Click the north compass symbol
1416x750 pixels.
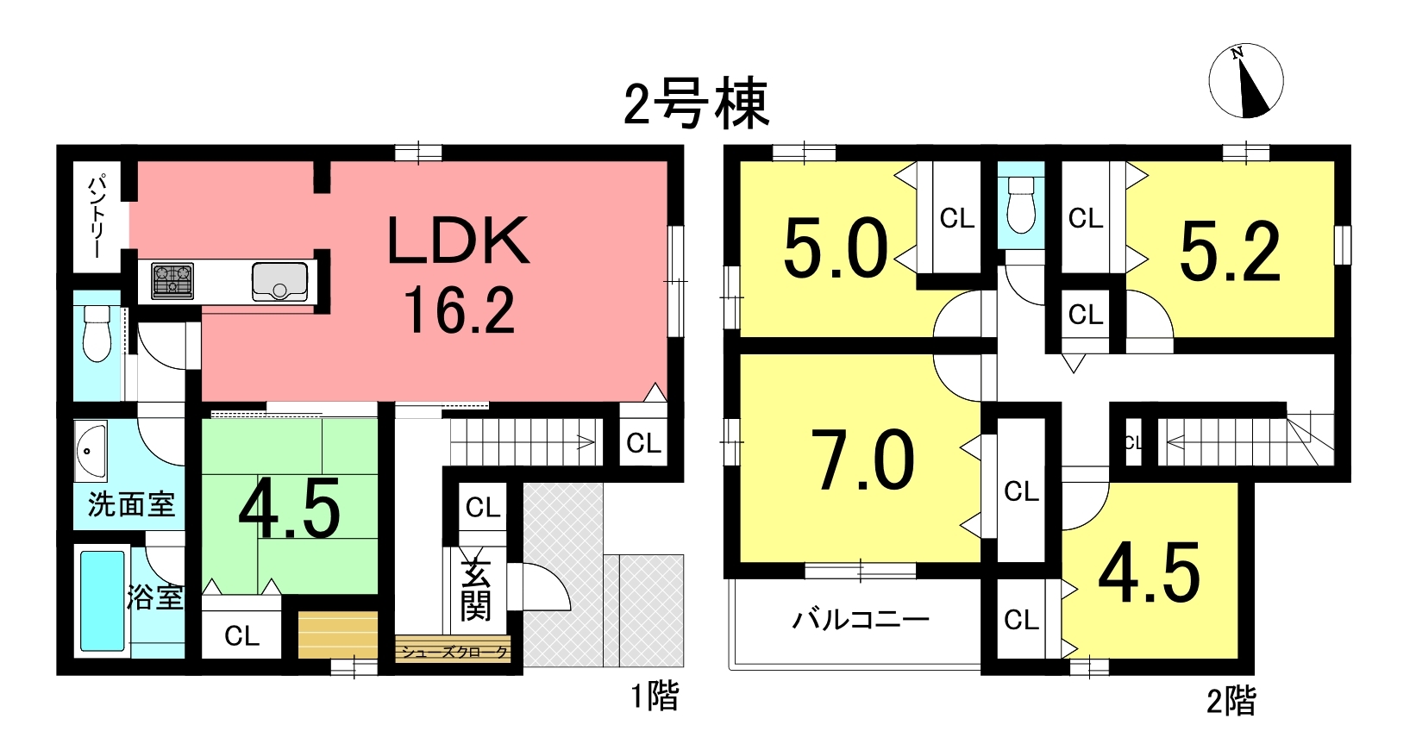click(x=1246, y=81)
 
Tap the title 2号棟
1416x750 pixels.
click(x=696, y=103)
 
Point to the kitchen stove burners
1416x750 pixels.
click(x=172, y=281)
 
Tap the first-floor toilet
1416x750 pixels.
click(x=97, y=334)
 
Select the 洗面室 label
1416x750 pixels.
click(x=131, y=504)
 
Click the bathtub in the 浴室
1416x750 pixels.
click(x=103, y=601)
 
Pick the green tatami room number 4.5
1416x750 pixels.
click(x=290, y=510)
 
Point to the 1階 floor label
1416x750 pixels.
click(x=655, y=696)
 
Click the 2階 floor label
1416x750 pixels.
click(x=1231, y=702)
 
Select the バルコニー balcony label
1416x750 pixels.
click(x=860, y=619)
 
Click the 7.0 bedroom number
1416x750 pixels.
click(x=863, y=461)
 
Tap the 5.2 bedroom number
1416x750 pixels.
click(x=1230, y=252)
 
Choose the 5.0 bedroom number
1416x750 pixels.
click(x=835, y=248)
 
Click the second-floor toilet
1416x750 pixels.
click(x=1021, y=207)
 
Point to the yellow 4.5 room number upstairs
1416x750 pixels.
click(x=1150, y=573)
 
